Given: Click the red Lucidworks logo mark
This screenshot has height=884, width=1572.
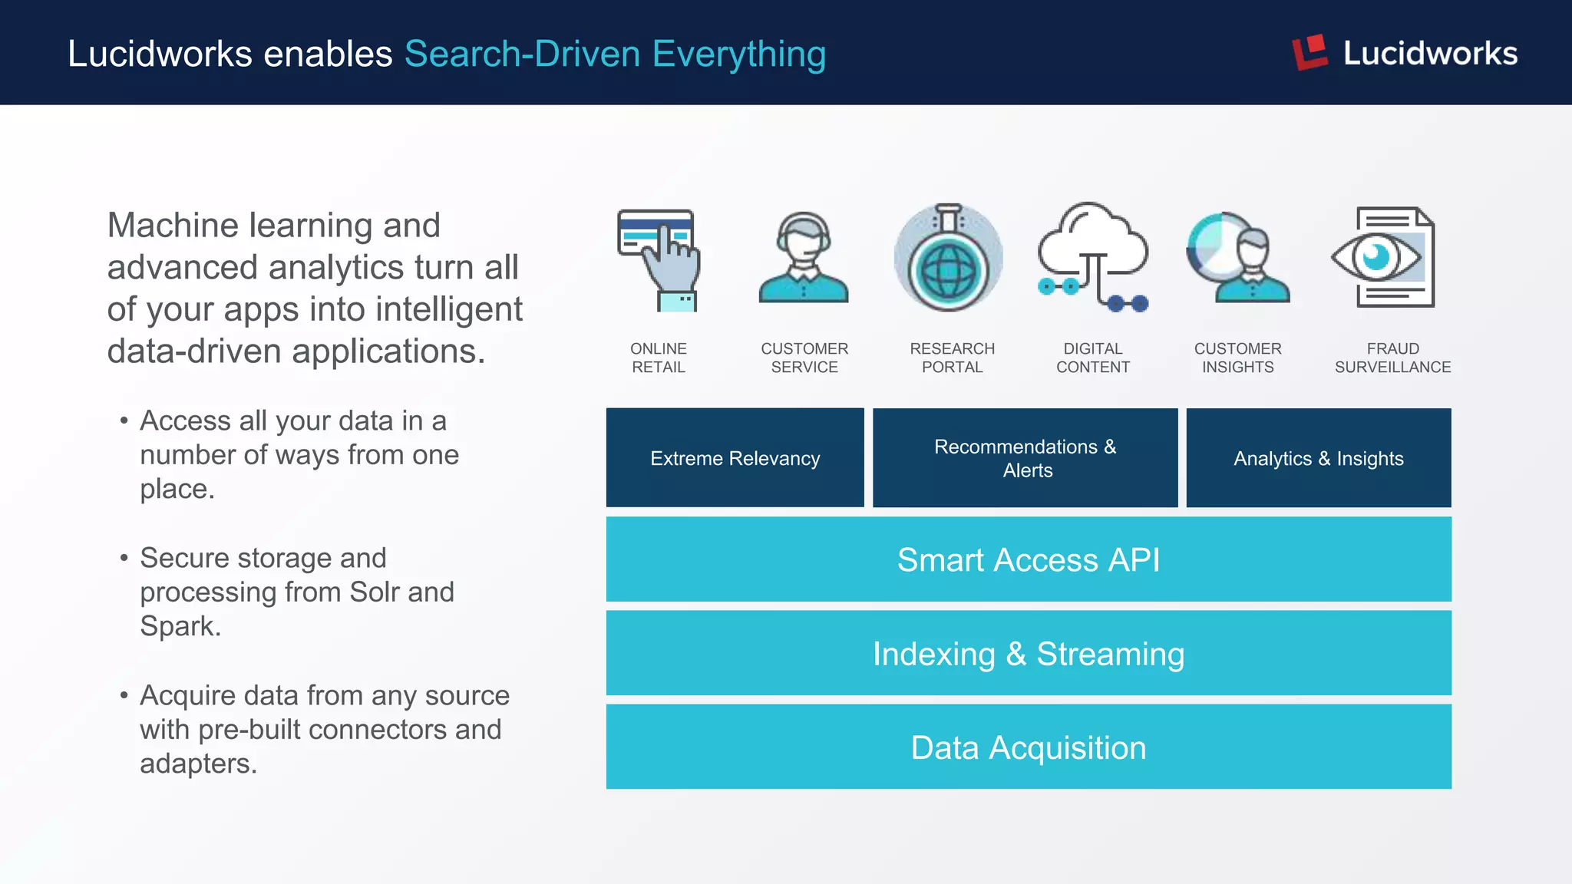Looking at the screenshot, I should [1309, 52].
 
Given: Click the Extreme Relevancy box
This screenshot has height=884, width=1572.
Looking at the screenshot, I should [735, 458].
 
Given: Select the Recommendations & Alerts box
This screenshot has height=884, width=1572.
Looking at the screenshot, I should [1025, 458].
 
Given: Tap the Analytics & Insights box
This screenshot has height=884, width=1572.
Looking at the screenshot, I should [1318, 458].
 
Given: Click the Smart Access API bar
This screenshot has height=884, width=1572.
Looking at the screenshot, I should [1028, 559].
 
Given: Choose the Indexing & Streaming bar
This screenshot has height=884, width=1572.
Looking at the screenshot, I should [1028, 654].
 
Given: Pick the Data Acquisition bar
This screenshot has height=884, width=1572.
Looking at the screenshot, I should [1028, 747].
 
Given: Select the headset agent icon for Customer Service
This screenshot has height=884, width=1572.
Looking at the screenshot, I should [804, 257].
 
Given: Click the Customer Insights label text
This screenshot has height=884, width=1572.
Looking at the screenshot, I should [1237, 358].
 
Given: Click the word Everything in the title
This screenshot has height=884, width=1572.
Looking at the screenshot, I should [738, 54].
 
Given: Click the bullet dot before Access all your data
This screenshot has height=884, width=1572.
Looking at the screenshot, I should [124, 421].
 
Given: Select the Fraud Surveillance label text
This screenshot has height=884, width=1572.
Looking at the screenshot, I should [1392, 358].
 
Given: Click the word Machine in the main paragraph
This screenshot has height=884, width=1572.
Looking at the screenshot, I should [173, 226].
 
